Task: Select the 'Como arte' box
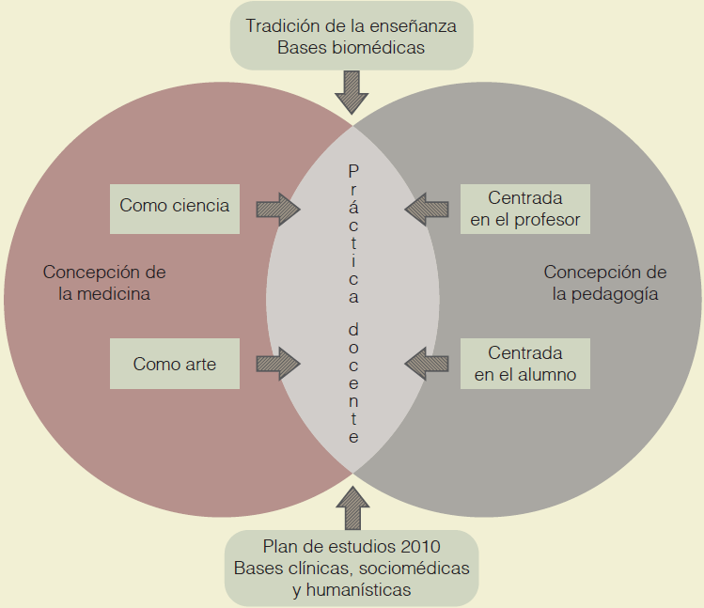pos(175,364)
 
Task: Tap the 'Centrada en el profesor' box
pos(525,210)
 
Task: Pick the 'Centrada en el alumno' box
pos(525,364)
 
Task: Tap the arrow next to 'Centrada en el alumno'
pos(428,364)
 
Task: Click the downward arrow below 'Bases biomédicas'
pos(352,92)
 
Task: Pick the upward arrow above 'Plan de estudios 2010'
pos(352,508)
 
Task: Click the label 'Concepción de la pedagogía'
pos(605,282)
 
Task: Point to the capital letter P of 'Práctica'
pos(353,171)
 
